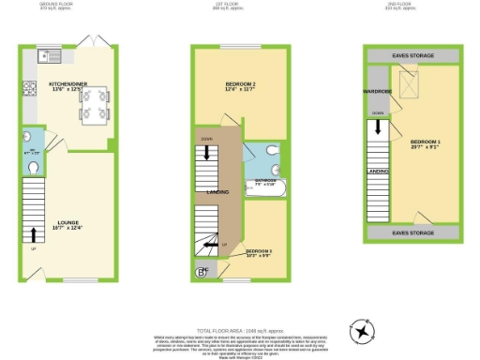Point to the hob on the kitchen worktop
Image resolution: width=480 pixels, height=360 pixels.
[28, 90]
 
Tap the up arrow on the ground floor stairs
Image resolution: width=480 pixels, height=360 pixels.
[35, 234]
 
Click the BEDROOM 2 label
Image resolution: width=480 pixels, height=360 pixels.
[240, 87]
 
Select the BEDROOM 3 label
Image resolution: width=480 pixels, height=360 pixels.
[260, 251]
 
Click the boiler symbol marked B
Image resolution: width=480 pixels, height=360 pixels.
[201, 273]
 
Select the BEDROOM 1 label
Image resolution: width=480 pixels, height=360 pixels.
[424, 144]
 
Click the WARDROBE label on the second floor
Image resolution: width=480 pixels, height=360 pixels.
[377, 92]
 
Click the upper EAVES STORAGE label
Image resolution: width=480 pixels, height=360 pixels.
[412, 56]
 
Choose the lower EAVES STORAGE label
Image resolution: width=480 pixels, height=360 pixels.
[412, 232]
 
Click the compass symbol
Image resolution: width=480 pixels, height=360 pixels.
[360, 331]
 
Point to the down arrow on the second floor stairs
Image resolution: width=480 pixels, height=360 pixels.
[378, 138]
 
